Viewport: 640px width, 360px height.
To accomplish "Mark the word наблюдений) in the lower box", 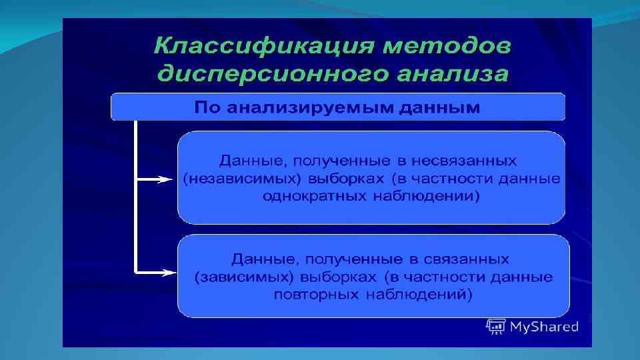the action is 426,294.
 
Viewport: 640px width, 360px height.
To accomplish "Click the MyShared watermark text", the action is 543,327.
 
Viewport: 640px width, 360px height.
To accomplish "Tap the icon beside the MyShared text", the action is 495,326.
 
